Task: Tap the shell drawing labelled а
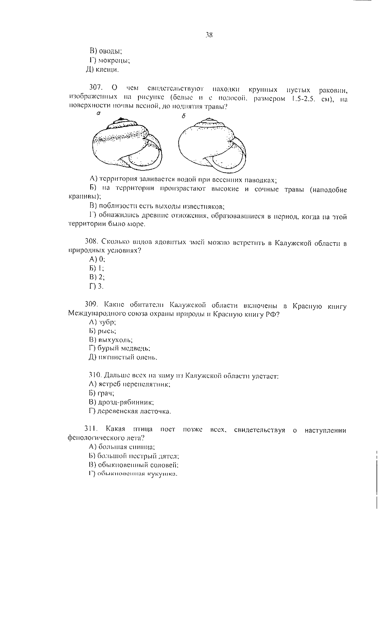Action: [x=127, y=143]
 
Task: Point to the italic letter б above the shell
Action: [x=183, y=116]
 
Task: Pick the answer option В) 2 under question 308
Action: [x=97, y=277]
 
